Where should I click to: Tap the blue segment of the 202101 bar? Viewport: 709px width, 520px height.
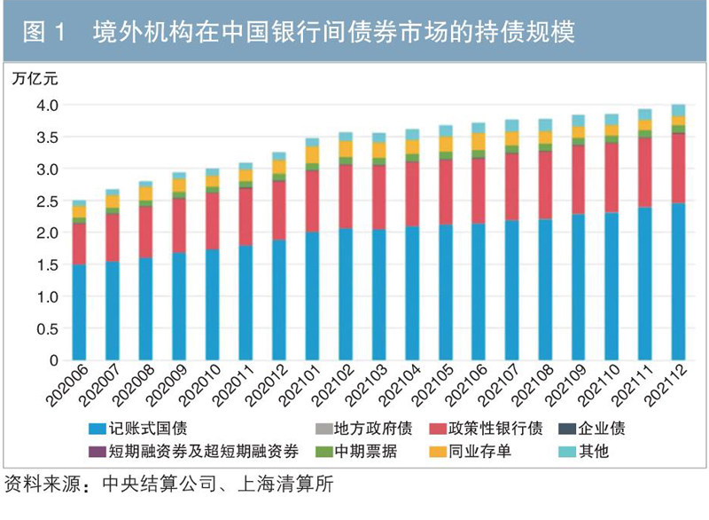(x=312, y=296)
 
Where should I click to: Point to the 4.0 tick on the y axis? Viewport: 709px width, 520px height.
(x=47, y=106)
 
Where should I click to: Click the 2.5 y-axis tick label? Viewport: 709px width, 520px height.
(x=47, y=201)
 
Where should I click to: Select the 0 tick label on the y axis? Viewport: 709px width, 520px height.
(x=53, y=361)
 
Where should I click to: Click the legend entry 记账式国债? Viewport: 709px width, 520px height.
(x=144, y=429)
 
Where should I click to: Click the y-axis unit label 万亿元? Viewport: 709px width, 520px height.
(x=36, y=77)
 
